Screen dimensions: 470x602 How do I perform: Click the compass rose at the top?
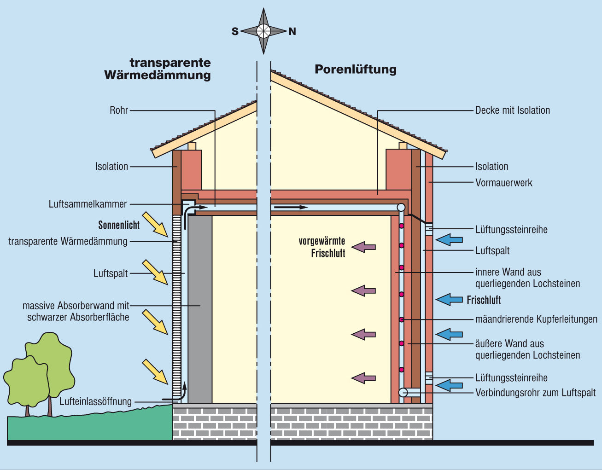click(263, 31)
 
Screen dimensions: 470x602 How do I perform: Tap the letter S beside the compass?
click(235, 31)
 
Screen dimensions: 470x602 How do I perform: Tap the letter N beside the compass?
click(292, 31)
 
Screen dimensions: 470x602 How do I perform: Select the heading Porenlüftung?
click(355, 69)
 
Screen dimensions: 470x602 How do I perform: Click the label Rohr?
click(118, 110)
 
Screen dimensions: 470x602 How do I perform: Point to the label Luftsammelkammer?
click(88, 203)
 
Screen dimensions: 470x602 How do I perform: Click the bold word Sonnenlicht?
click(119, 225)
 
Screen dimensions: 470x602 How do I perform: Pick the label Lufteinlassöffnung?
click(95, 401)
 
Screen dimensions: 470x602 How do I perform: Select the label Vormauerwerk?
click(503, 183)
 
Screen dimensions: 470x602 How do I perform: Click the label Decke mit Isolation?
click(513, 110)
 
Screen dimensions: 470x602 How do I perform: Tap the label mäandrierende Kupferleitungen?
click(536, 319)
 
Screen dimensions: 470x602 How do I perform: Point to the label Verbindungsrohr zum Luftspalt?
click(535, 393)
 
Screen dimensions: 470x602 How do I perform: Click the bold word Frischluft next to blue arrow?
click(484, 300)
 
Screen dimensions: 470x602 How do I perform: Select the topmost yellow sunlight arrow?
click(155, 224)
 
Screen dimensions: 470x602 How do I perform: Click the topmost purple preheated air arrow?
click(364, 247)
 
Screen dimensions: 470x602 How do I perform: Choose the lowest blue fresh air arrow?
click(449, 385)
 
